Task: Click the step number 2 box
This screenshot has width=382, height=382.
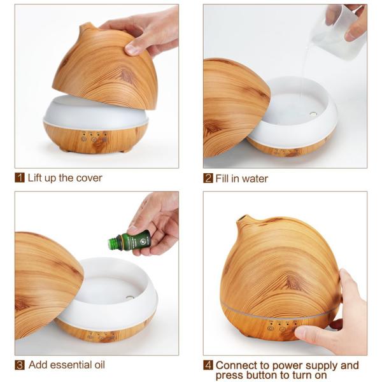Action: point(208,178)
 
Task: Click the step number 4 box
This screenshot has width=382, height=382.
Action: point(208,365)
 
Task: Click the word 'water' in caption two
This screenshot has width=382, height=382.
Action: point(255,178)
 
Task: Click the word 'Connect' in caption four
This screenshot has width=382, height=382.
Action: point(238,365)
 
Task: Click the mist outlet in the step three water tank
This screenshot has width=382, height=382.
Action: point(129,297)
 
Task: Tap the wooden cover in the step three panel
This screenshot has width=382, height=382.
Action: point(45,280)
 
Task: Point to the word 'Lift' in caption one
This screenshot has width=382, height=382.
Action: point(36,178)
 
